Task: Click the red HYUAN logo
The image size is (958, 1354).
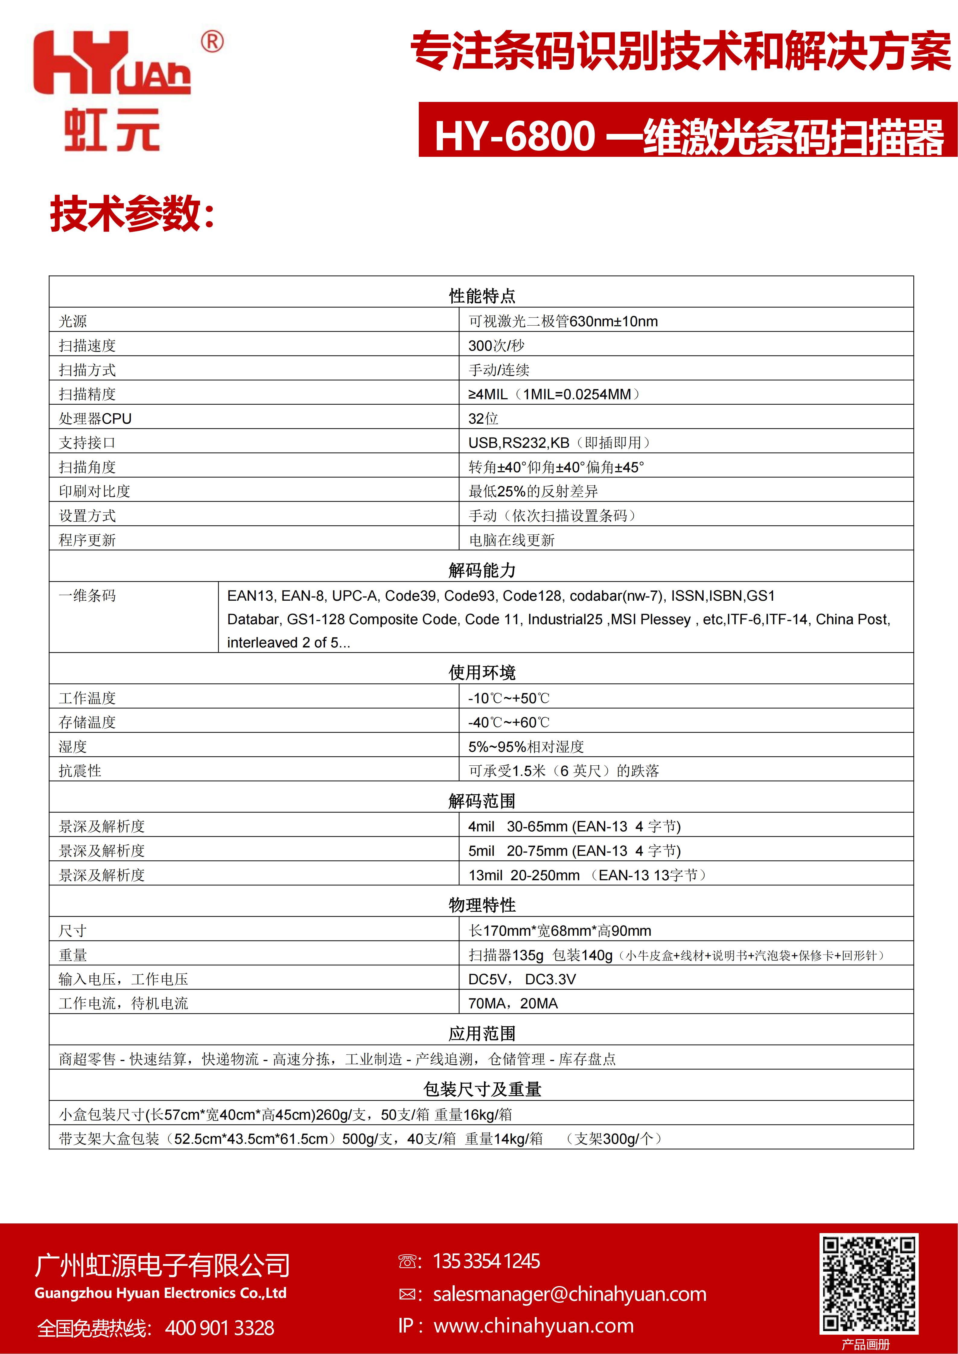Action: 112,64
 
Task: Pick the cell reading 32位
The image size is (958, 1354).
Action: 483,419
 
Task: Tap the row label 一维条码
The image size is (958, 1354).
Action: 87,596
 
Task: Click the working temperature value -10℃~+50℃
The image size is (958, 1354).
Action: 508,698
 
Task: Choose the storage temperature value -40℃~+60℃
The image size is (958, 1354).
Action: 508,723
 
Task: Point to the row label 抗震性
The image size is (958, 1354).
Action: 80,771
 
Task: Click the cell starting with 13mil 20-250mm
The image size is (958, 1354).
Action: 587,875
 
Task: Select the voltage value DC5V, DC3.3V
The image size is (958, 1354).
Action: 521,979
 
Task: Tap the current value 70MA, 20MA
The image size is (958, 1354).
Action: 513,1004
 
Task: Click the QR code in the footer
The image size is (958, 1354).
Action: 868,1284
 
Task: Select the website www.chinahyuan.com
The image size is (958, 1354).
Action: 533,1326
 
